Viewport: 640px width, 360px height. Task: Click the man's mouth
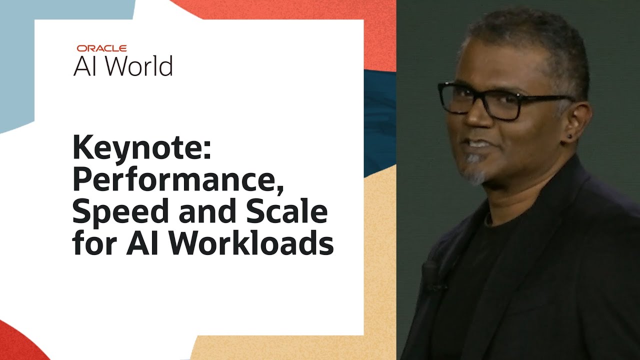(x=475, y=144)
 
